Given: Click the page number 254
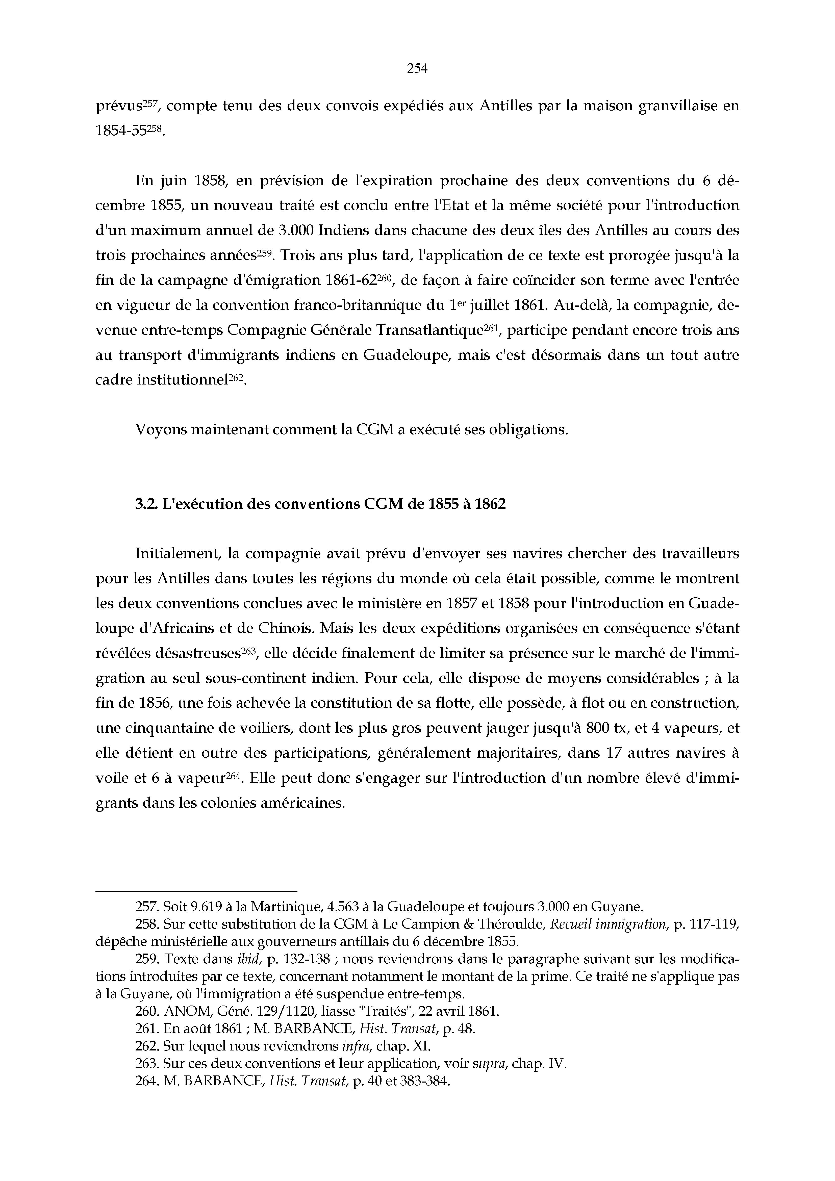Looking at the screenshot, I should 417,68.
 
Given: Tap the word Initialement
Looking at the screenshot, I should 178,554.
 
